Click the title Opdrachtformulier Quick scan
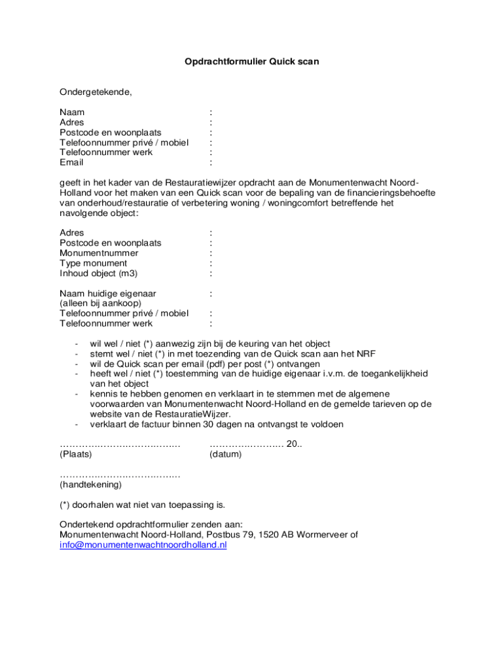(251, 62)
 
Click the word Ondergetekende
(96, 92)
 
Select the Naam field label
(72, 113)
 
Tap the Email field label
(71, 162)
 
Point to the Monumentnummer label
(99, 253)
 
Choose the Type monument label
(93, 263)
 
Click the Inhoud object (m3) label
(98, 273)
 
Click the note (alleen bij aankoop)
(100, 303)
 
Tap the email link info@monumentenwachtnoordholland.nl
(143, 544)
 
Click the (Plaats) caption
(75, 454)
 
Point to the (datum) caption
(225, 454)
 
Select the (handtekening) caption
(90, 485)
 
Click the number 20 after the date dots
(293, 444)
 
